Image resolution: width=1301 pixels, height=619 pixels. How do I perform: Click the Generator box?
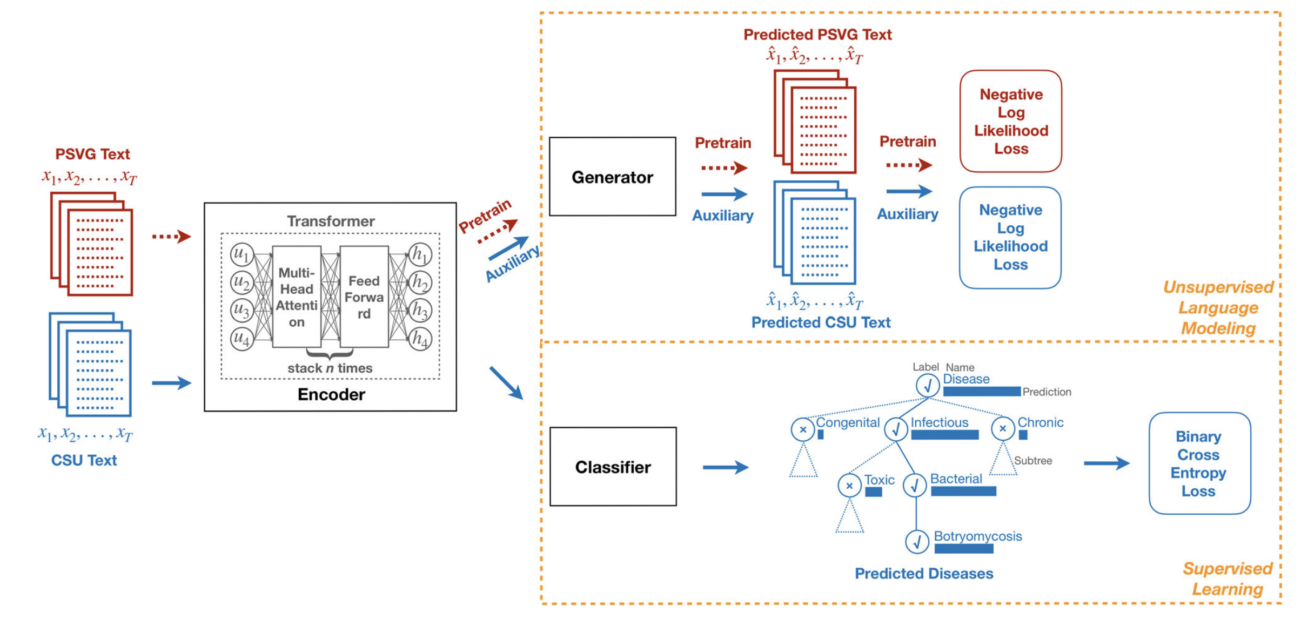tap(612, 177)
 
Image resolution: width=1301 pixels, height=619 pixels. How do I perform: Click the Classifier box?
tap(613, 467)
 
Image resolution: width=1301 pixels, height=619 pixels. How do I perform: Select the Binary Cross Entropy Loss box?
tap(1199, 463)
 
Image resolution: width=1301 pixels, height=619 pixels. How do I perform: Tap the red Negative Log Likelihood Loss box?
tap(1010, 122)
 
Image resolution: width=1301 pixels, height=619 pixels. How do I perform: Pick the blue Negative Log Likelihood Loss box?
tap(1010, 238)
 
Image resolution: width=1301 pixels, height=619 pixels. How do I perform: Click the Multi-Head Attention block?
tap(297, 297)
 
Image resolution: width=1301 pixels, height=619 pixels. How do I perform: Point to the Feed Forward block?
tap(364, 297)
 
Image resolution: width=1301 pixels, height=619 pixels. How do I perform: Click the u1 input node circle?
tap(242, 254)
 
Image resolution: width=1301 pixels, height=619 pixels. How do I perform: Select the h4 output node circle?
tap(420, 339)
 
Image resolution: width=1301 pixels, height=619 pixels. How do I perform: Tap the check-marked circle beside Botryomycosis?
tap(917, 542)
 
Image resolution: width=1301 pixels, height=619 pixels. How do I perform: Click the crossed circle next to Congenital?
tap(803, 429)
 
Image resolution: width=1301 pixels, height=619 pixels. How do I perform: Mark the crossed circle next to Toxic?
tap(849, 486)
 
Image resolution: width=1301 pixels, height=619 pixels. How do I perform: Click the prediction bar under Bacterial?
tap(963, 491)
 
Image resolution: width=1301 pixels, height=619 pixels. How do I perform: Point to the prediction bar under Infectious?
tap(944, 435)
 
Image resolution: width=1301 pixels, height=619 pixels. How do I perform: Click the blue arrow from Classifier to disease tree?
tap(725, 467)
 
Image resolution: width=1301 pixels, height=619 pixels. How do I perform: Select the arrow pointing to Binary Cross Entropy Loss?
tap(1106, 463)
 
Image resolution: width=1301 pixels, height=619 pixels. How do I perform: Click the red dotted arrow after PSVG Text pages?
tap(171, 236)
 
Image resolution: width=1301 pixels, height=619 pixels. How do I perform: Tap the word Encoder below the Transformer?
tap(331, 394)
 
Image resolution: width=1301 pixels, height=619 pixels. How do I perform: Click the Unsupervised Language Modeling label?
tap(1218, 307)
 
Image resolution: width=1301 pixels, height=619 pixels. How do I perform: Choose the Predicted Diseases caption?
tap(923, 574)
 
